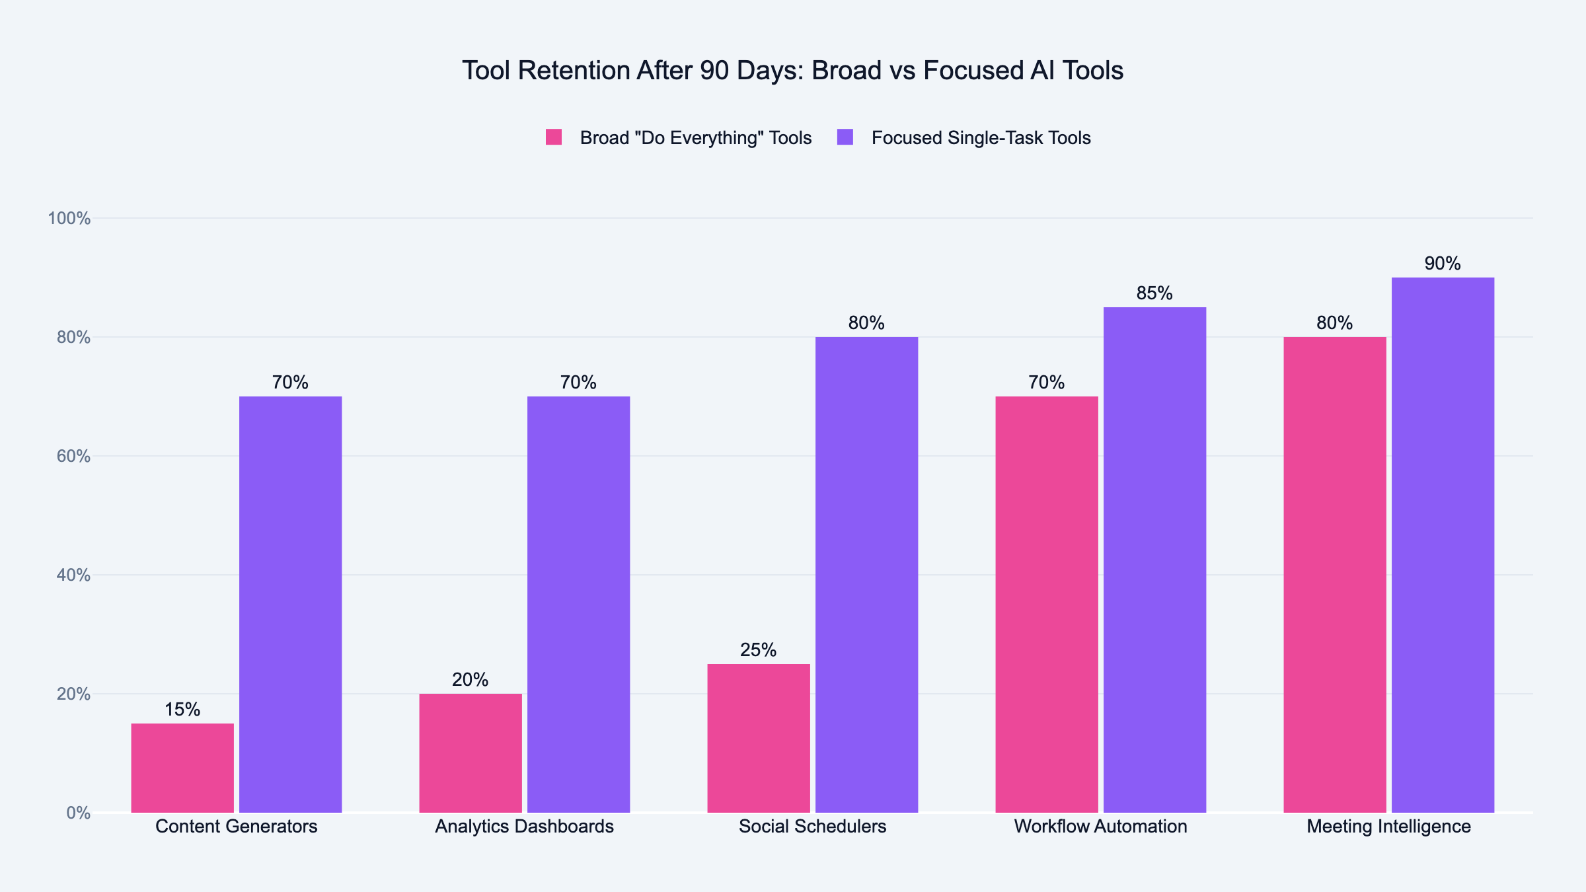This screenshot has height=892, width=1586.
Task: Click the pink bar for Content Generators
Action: [x=182, y=768]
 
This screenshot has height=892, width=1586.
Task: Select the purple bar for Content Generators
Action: [x=291, y=605]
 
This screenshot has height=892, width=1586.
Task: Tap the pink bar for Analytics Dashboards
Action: [x=471, y=753]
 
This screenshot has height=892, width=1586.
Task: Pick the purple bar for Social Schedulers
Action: [x=866, y=575]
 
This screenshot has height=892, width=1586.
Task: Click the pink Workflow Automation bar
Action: [x=1047, y=605]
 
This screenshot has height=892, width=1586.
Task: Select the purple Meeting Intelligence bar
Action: [x=1443, y=545]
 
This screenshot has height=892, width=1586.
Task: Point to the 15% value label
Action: [x=182, y=710]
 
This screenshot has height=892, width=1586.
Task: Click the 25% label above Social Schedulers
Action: [x=758, y=650]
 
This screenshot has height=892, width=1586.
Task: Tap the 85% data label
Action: [x=1154, y=293]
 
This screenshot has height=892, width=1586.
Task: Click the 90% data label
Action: [x=1443, y=264]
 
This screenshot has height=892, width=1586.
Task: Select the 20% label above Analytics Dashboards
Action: [x=471, y=680]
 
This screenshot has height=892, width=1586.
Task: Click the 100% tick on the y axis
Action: [x=69, y=218]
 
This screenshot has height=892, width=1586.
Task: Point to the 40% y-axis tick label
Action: [x=73, y=575]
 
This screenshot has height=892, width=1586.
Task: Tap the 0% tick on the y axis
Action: [x=78, y=813]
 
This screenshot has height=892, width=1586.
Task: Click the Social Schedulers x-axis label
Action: [x=812, y=827]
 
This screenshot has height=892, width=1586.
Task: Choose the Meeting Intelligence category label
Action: [x=1388, y=827]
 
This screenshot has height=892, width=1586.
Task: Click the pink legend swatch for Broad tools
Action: [x=554, y=137]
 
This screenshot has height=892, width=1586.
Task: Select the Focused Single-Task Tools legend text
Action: [x=981, y=137]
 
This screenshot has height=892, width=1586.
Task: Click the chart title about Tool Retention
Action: [x=792, y=71]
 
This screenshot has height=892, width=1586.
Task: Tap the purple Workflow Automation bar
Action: [x=1154, y=560]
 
